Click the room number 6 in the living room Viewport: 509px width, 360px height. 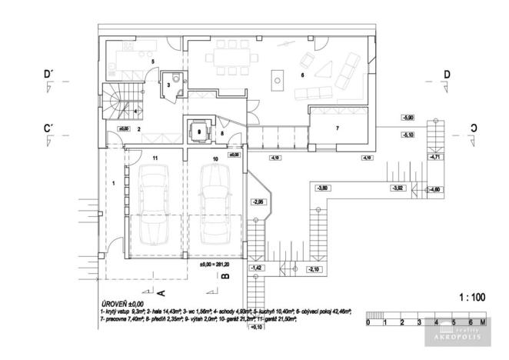pyautogui.click(x=302, y=75)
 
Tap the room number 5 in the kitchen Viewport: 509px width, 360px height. pyautogui.click(x=153, y=61)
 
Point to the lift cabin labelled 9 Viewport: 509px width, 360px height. pyautogui.click(x=198, y=132)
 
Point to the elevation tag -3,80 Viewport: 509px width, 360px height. pyautogui.click(x=324, y=188)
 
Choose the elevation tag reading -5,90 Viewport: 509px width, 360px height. pyautogui.click(x=409, y=118)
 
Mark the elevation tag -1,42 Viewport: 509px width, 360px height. pyautogui.click(x=258, y=267)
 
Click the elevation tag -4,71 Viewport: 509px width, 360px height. pyautogui.click(x=435, y=158)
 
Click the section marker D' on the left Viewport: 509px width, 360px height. pyautogui.click(x=48, y=74)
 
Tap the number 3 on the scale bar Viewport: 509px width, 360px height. pyautogui.click(x=418, y=323)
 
